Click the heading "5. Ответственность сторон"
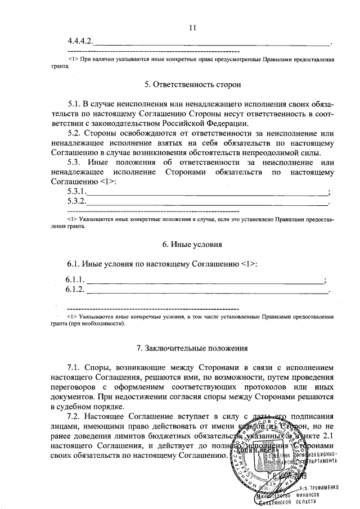(x=192, y=85)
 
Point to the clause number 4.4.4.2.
(x=80, y=42)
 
